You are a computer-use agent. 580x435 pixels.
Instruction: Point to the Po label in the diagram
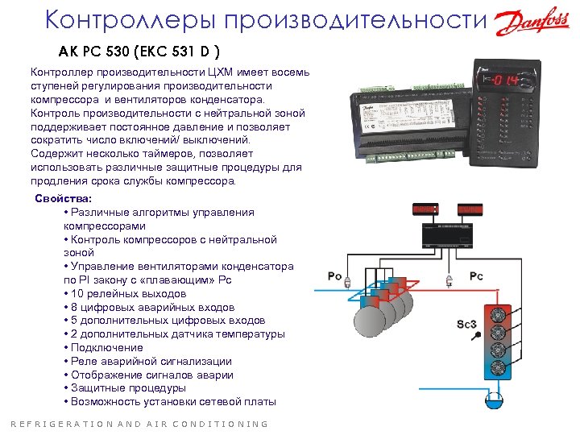pyautogui.click(x=335, y=276)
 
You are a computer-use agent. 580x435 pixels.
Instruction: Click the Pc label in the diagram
pyautogui.click(x=476, y=276)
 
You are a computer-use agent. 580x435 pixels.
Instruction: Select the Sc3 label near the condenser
pyautogui.click(x=467, y=324)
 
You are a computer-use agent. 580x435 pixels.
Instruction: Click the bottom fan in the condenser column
pyautogui.click(x=497, y=368)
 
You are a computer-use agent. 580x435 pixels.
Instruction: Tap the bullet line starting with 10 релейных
pyautogui.click(x=129, y=293)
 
